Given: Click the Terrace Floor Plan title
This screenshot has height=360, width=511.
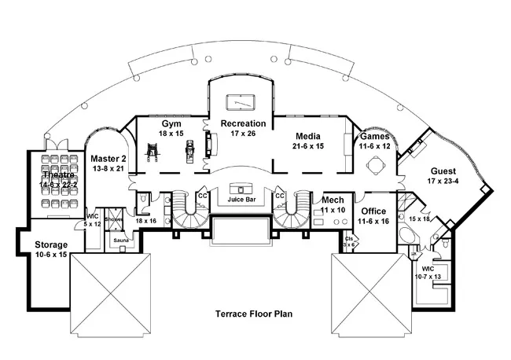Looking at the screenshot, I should [x=255, y=314].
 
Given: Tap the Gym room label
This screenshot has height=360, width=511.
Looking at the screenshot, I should [x=167, y=125].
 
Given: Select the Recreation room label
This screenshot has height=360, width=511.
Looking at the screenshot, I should [x=243, y=123].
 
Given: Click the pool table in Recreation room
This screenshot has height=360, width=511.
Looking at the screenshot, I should [x=242, y=102].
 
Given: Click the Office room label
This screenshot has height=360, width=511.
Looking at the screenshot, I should [x=373, y=211].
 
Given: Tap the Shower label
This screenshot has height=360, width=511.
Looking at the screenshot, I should [x=114, y=220].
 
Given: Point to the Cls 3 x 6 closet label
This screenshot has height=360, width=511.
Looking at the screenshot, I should [x=349, y=241].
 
